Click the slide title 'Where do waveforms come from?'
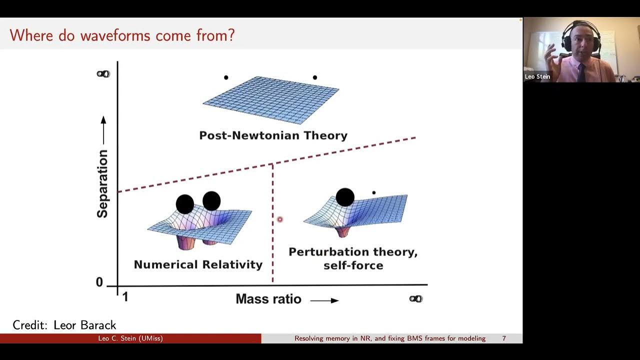point(122,35)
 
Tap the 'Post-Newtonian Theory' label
point(273,135)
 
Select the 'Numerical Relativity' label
point(198,264)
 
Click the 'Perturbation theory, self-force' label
point(353,258)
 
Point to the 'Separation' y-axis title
point(102,184)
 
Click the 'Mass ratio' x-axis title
point(268,299)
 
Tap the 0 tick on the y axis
point(99,282)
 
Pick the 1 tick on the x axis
point(125,297)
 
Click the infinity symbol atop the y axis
point(103,74)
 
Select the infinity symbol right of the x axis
point(416,299)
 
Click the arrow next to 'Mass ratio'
point(324,300)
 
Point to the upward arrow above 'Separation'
point(103,129)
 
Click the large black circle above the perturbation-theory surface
point(345,197)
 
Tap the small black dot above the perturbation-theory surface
point(373,192)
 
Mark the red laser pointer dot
point(279,219)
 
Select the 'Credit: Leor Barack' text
point(64,325)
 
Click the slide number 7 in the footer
point(504,338)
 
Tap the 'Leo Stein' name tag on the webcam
point(537,76)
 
